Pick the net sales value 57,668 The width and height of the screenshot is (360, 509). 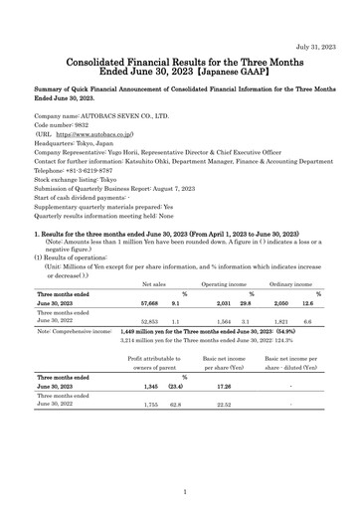point(149,303)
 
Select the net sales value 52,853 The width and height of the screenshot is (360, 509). point(149,323)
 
